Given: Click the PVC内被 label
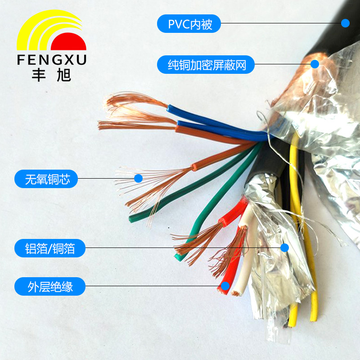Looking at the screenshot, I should click(189, 23).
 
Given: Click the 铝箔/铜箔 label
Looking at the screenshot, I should click(49, 247).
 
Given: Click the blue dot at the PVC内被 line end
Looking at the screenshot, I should click(345, 23).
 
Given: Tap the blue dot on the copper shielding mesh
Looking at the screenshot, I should click(315, 64).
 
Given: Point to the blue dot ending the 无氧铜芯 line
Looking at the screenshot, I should click(139, 179).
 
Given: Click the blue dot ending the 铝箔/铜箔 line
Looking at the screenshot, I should click(284, 247).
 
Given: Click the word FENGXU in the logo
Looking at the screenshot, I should click(51, 60).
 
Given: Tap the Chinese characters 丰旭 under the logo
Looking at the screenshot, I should click(51, 75).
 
